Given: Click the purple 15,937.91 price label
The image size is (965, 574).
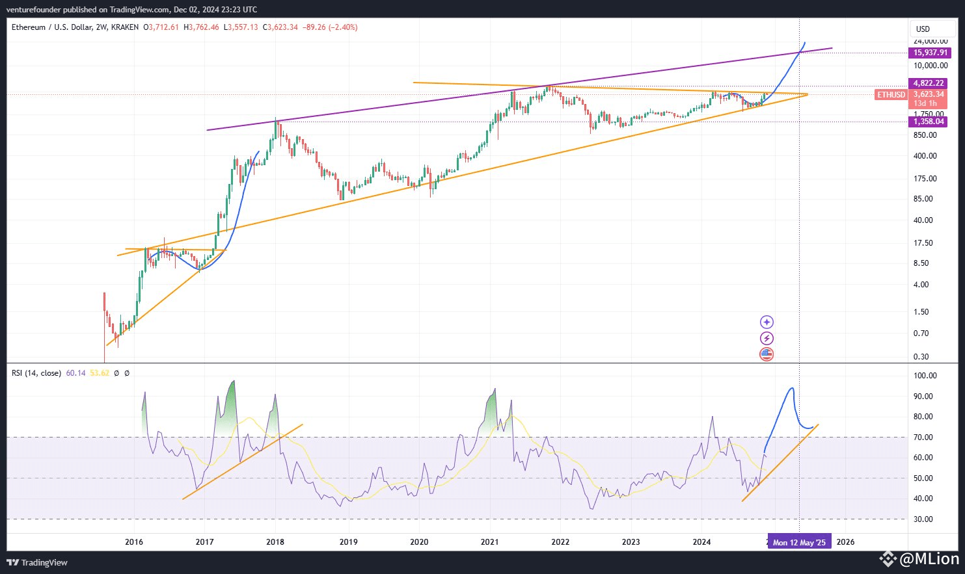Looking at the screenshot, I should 931,53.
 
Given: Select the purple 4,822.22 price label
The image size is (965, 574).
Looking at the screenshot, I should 929,83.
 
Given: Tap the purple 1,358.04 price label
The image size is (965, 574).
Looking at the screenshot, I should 929,122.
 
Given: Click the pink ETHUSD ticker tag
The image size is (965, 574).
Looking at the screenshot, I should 891,95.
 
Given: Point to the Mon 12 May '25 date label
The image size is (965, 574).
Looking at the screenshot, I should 799,542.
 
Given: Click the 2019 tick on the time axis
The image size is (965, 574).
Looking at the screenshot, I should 348,542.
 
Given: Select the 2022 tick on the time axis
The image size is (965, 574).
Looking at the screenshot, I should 560,542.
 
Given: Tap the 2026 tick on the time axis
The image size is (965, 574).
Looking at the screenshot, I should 845,542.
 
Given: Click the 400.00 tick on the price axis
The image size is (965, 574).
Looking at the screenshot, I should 925,156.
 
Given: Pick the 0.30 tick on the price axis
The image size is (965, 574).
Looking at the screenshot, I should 921,357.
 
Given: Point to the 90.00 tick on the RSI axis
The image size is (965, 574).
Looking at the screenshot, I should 925,397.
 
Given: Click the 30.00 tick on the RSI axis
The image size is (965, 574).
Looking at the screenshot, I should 925,519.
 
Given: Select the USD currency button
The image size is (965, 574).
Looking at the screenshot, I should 923,29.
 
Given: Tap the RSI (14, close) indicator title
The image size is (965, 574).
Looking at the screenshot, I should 36,373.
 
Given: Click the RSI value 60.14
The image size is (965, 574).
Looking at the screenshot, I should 75,373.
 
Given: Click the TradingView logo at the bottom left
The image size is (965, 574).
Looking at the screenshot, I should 37,562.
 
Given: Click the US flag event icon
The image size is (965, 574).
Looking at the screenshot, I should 767,354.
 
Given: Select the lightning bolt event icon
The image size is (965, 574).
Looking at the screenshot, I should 767,338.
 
